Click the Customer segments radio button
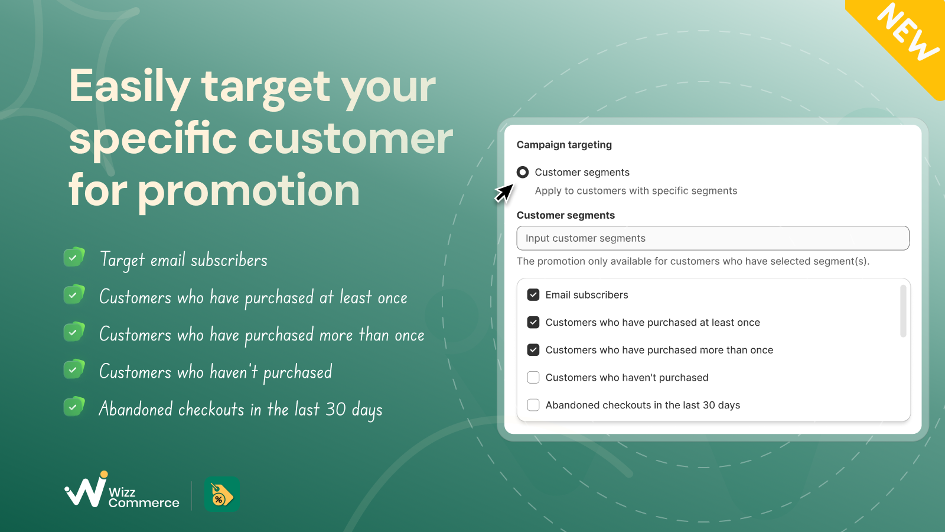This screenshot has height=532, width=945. [522, 172]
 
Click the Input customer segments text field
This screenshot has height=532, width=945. [712, 238]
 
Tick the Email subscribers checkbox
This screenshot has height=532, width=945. [533, 295]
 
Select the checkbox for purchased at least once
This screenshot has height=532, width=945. [533, 323]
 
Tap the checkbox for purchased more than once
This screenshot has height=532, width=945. [533, 350]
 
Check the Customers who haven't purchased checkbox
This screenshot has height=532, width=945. [533, 378]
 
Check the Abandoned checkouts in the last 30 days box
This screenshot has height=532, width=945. [533, 405]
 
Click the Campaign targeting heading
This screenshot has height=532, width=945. [564, 145]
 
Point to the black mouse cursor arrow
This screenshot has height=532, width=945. [504, 193]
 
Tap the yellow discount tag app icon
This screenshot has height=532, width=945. [222, 494]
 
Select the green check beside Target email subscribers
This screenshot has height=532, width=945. [74, 257]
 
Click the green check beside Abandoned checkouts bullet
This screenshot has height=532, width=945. [74, 407]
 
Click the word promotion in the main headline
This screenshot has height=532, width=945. [249, 192]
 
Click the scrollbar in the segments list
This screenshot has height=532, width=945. [903, 311]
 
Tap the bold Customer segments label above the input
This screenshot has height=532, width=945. [566, 215]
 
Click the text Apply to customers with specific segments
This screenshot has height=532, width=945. [636, 191]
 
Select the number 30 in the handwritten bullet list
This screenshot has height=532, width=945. [336, 409]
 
